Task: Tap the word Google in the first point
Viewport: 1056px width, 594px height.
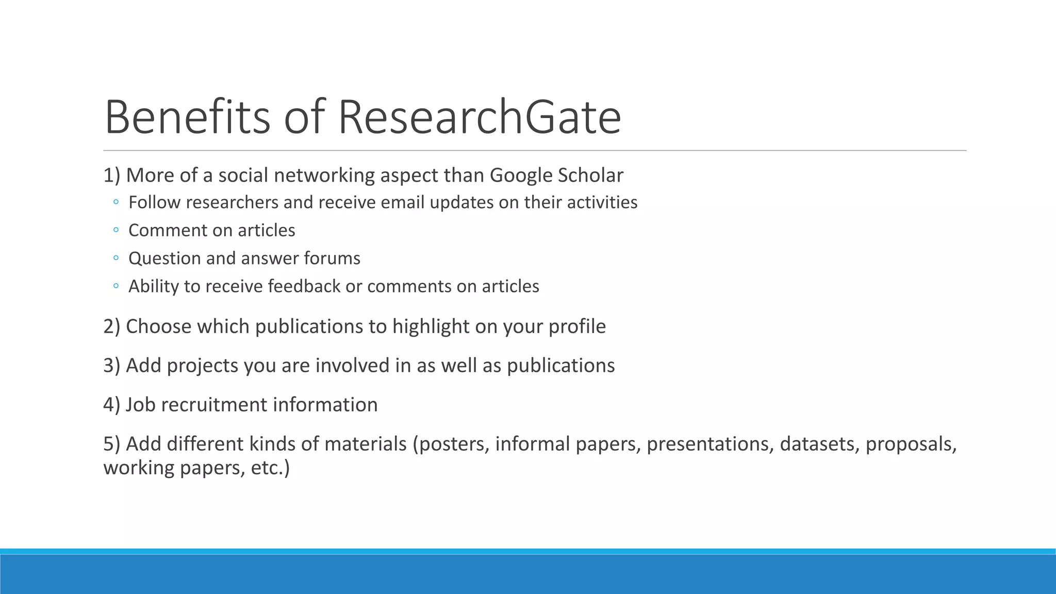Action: point(521,176)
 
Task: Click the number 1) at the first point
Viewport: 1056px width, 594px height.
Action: point(111,176)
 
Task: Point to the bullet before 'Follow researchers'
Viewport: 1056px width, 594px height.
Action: point(116,202)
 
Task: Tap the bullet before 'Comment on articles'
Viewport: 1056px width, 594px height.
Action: point(116,230)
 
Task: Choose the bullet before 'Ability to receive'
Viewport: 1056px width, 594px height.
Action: point(116,286)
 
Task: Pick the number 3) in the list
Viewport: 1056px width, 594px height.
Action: point(111,366)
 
